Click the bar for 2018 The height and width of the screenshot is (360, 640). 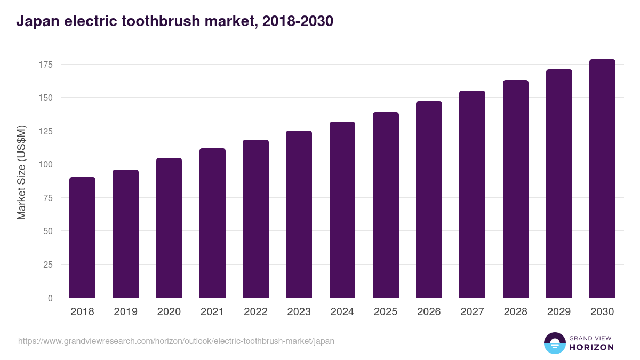pos(82,237)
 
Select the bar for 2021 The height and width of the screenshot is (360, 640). pos(212,223)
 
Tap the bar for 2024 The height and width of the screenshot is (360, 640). pos(342,210)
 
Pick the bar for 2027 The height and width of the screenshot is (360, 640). pos(472,194)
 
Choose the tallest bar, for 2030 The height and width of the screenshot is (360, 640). pos(602,179)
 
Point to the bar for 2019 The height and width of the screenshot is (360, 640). pos(125,234)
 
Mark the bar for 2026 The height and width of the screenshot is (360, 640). pos(429,199)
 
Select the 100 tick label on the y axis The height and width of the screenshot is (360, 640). pos(46,164)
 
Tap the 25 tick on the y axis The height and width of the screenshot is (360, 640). pos(49,265)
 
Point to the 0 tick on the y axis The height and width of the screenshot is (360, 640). pos(51,298)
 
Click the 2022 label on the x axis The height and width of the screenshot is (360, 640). pos(255,312)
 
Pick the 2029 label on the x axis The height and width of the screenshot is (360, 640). pos(559,312)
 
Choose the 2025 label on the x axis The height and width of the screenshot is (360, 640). pos(386,312)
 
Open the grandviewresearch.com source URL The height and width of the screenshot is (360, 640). pos(176,341)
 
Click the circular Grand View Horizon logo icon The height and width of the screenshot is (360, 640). pos(555,343)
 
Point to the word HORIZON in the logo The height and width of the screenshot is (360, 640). pos(591,347)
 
